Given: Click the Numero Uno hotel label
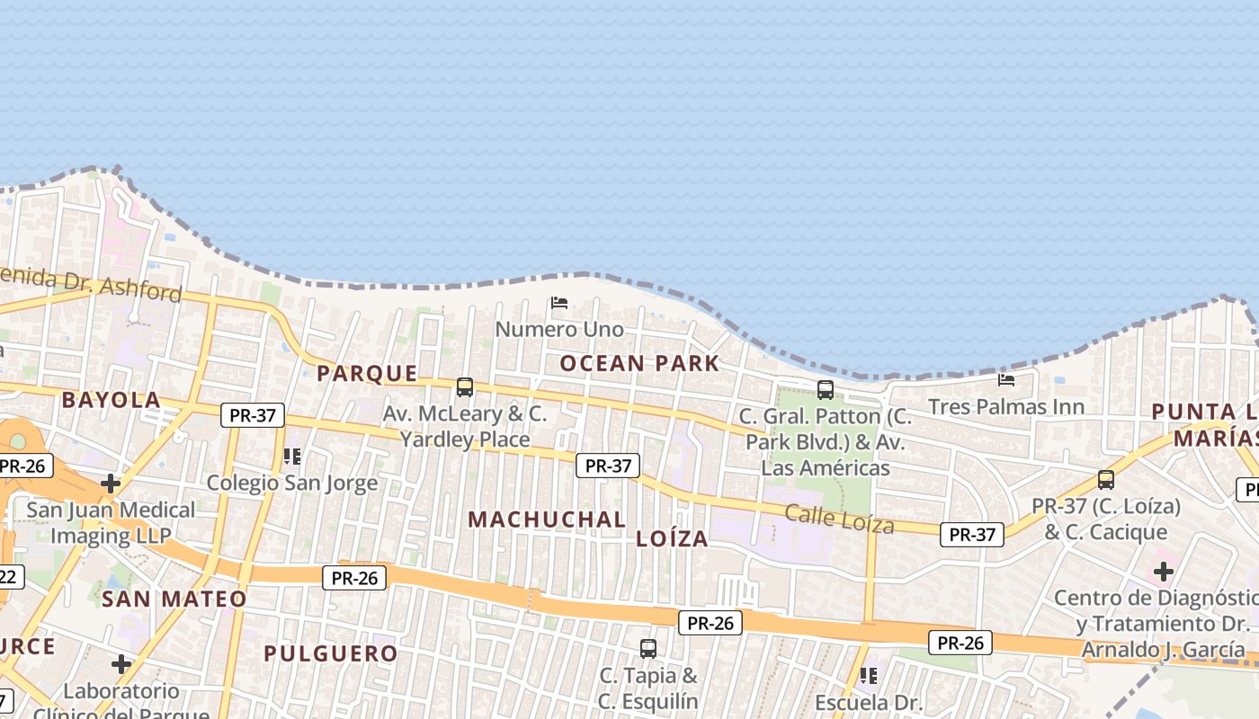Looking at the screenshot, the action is click(x=559, y=330).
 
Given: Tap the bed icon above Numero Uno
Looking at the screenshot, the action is click(x=559, y=303).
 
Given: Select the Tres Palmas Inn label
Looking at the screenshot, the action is click(x=1006, y=407).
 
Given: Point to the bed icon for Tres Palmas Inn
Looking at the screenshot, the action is click(x=1006, y=380).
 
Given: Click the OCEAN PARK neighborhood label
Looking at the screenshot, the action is click(x=639, y=363).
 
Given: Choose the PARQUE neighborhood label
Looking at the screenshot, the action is click(x=368, y=373).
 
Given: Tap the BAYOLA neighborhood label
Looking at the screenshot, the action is click(x=112, y=400).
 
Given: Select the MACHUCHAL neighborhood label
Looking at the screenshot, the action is click(x=547, y=519).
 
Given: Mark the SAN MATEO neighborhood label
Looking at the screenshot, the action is click(x=174, y=599).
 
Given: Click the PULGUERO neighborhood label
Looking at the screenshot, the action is click(x=331, y=653).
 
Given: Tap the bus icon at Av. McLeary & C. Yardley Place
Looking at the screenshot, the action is click(x=465, y=387).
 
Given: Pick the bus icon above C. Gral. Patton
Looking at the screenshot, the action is click(x=826, y=390).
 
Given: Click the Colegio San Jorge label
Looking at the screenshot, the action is click(x=292, y=484).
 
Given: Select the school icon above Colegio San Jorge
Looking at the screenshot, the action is click(x=292, y=457).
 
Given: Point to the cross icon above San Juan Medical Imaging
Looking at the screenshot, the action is click(x=111, y=484).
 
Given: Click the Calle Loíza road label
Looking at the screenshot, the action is click(x=839, y=519).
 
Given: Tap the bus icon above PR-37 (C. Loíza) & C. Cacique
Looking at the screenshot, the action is click(x=1106, y=480).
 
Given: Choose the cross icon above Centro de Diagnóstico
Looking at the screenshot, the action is click(x=1164, y=571).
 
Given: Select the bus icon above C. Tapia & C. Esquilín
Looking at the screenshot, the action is click(x=648, y=648).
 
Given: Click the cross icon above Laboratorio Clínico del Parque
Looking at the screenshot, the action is click(x=121, y=664).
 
